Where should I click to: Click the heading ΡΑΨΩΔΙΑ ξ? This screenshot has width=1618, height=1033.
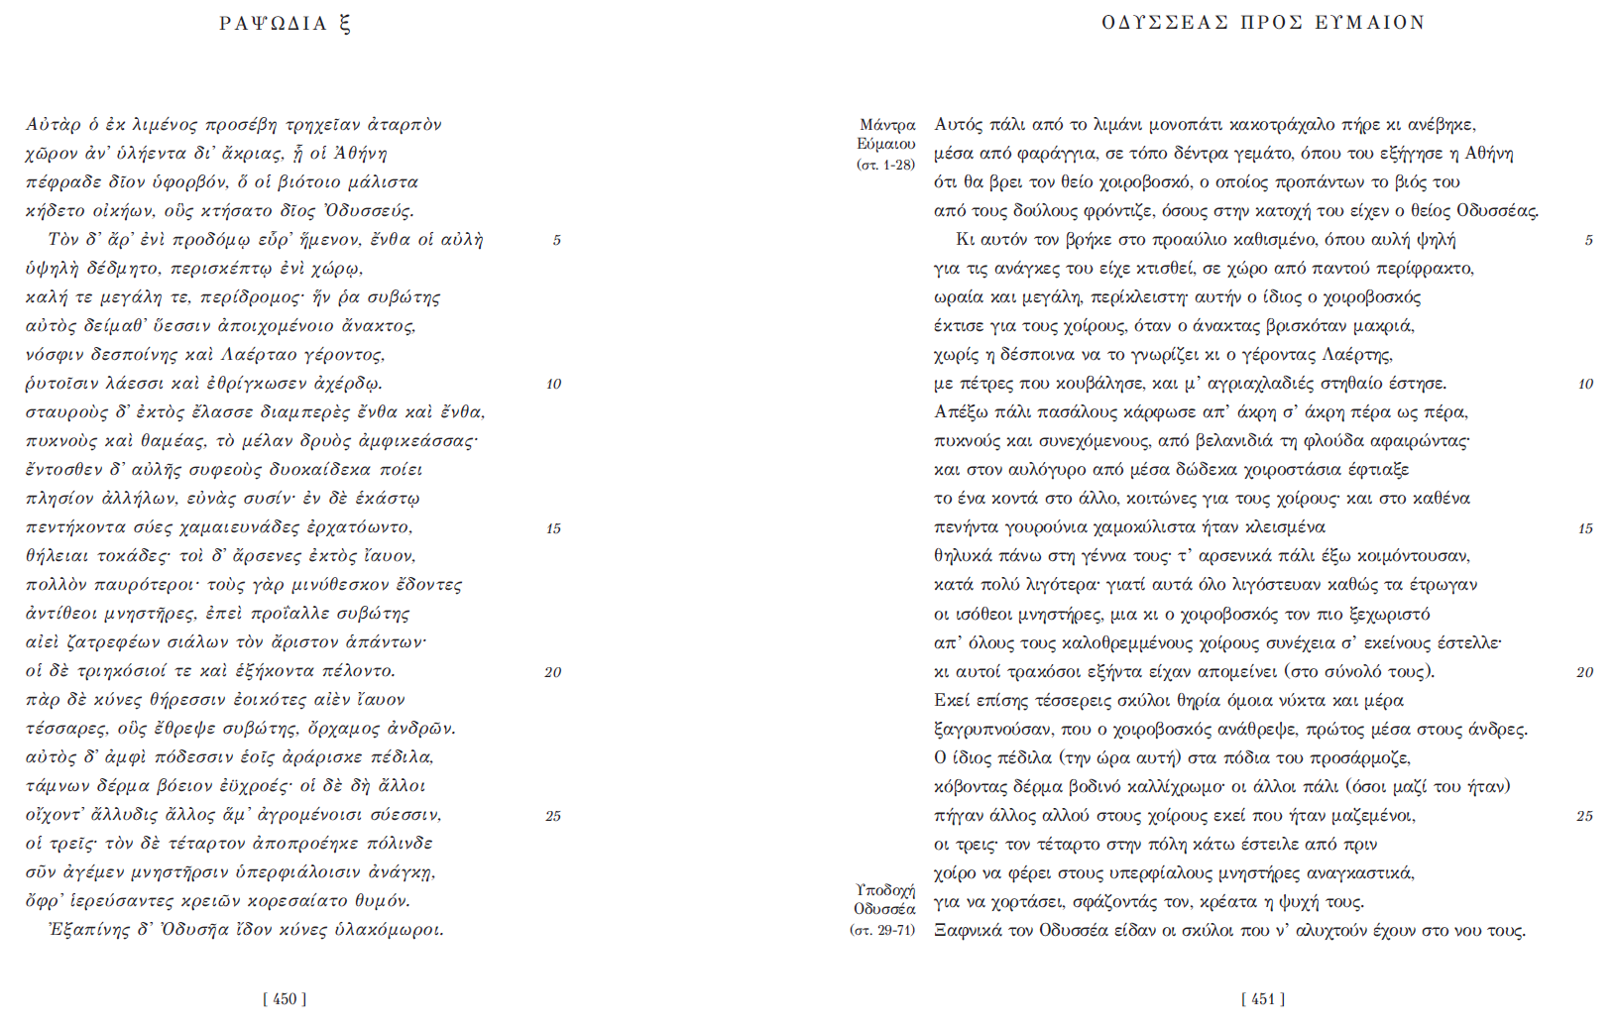point(286,24)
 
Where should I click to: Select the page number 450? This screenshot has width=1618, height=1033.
point(285,999)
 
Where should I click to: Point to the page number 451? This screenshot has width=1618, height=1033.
point(1263,999)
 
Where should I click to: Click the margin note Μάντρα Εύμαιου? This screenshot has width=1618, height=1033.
point(886,135)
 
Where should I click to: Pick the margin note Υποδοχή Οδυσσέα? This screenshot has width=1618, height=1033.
point(885,899)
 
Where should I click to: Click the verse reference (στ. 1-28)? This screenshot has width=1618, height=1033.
point(885,165)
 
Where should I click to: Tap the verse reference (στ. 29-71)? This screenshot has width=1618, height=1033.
point(882,930)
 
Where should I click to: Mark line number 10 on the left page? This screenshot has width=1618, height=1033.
point(554,384)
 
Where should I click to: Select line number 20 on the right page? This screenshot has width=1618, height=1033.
point(1585,672)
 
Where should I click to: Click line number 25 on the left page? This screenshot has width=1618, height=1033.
point(553,816)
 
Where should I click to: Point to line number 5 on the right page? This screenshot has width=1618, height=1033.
point(1589,240)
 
